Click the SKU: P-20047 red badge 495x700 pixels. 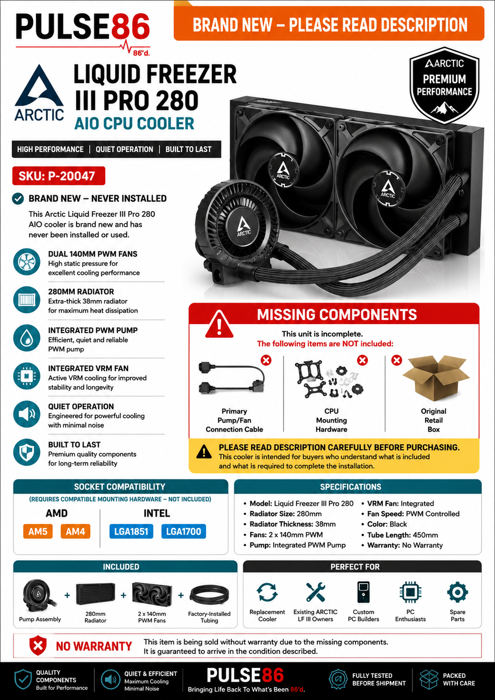[59, 176]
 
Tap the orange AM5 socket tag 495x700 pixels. [38, 531]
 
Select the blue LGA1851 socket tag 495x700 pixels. [131, 531]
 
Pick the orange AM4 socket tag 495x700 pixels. [76, 531]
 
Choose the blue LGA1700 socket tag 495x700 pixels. [184, 531]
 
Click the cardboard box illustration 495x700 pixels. [436, 378]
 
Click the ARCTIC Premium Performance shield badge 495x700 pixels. [444, 85]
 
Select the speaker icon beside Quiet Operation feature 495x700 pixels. [27, 414]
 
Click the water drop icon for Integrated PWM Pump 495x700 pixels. [27, 338]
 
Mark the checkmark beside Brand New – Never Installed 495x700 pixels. [18, 198]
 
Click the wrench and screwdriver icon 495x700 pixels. [316, 592]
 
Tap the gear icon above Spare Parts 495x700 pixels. [457, 592]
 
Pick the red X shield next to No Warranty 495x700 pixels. [38, 646]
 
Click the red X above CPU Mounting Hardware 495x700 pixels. [363, 360]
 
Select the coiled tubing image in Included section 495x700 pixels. [209, 595]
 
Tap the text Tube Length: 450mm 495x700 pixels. [402, 535]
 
